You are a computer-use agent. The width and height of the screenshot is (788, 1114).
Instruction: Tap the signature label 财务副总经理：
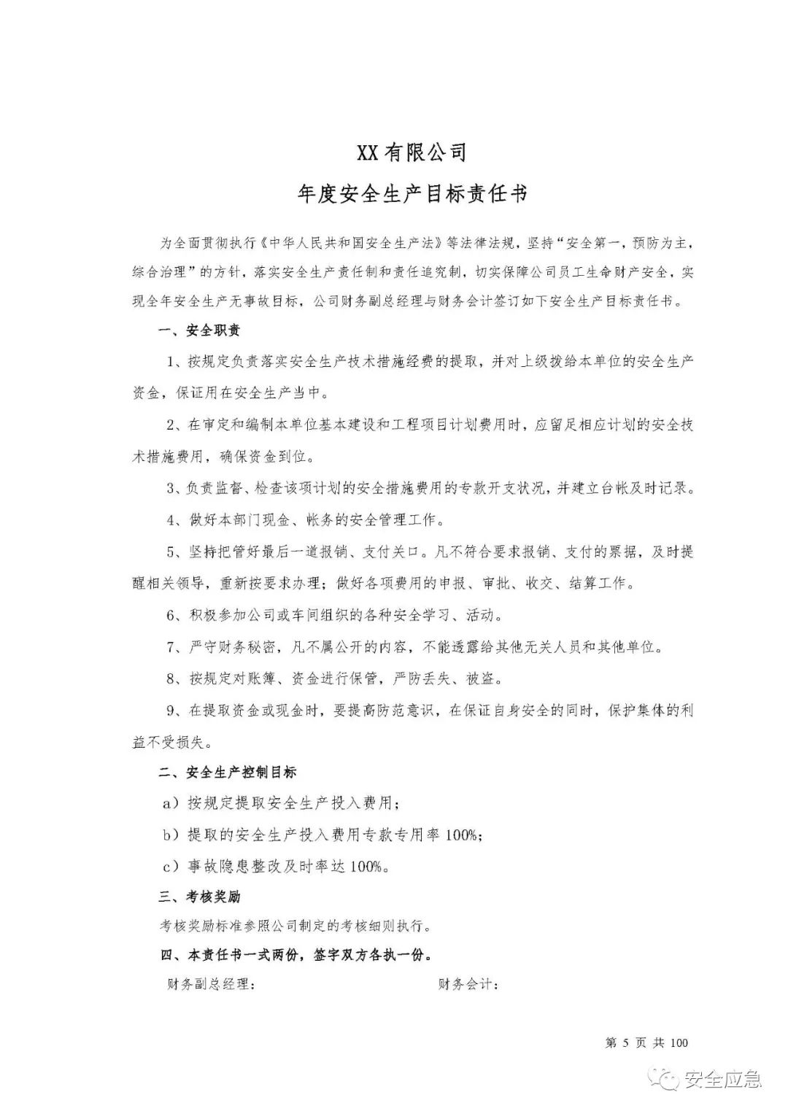[211, 985]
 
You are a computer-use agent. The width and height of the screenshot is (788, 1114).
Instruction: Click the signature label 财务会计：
[468, 985]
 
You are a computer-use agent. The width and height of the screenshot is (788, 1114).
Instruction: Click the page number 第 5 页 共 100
[646, 1043]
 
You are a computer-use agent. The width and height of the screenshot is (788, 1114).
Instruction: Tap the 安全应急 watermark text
[722, 1080]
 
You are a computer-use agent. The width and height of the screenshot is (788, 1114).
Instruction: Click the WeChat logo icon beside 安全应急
[667, 1080]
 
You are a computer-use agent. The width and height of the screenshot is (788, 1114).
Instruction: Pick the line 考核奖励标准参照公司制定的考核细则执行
[295, 927]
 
